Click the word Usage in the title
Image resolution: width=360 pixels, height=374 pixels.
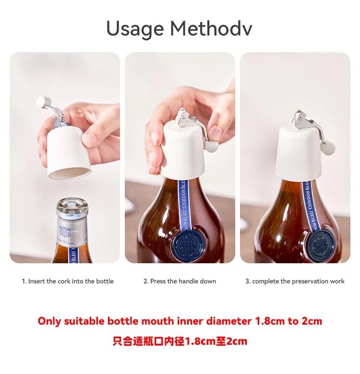pos(135,29)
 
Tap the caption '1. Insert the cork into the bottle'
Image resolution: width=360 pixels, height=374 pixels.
pos(68,281)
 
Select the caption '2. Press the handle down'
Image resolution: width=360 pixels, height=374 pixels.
pos(180,281)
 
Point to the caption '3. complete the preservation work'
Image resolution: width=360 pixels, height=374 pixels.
pos(295,281)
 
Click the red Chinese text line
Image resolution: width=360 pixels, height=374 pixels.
pos(180,341)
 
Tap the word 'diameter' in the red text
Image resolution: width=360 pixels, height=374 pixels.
pos(228,321)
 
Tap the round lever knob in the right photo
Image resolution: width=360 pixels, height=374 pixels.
pos(329,147)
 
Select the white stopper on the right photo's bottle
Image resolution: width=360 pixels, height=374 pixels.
pos(297,152)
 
